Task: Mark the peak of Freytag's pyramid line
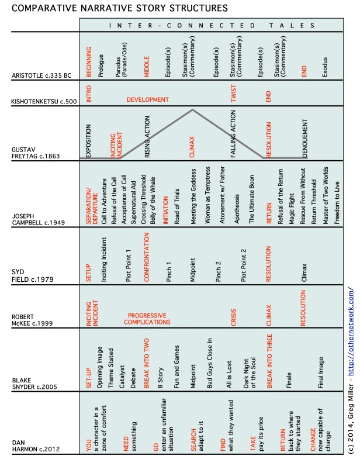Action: point(192,109)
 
